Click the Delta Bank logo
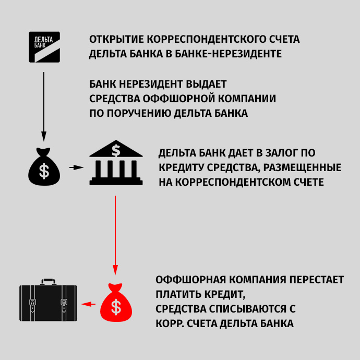[x=44, y=47]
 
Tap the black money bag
[x=44, y=166]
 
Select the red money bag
[x=116, y=303]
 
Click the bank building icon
[x=116, y=163]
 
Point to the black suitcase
[x=48, y=300]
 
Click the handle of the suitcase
[x=48, y=282]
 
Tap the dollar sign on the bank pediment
[x=116, y=151]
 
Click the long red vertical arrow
[x=115, y=235]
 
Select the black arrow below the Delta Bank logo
[x=44, y=107]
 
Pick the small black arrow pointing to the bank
[x=76, y=167]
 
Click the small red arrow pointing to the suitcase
[x=89, y=304]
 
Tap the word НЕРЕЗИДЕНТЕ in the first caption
[x=247, y=54]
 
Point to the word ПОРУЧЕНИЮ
[x=139, y=113]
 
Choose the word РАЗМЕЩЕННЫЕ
[x=302, y=167]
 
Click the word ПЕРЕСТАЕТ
[x=316, y=280]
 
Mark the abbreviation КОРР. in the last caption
[x=170, y=323]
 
